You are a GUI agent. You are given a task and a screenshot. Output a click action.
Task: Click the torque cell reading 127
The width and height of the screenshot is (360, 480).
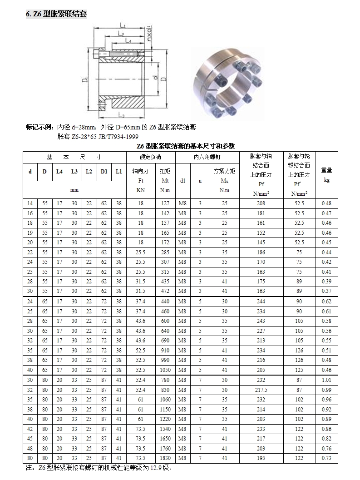165,203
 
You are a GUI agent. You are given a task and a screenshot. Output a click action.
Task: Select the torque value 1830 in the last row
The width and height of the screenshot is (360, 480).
165,458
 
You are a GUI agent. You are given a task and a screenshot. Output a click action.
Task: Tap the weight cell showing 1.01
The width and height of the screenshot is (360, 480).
326,380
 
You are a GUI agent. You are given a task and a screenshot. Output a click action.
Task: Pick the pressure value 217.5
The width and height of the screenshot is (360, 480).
261,390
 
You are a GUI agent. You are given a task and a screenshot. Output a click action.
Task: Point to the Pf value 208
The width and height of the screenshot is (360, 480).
261,203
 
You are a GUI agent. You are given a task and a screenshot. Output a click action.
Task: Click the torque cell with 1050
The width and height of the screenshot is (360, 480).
165,370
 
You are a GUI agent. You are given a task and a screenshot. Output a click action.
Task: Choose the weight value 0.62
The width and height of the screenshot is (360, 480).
326,302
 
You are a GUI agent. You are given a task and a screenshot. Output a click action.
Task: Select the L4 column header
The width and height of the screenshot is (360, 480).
59,172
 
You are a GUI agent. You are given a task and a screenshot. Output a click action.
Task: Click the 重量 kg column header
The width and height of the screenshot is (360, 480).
326,175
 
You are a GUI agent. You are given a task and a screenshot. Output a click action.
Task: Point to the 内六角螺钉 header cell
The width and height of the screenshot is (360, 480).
207,157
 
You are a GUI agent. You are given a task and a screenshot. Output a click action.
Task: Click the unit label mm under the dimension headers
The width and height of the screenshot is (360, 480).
74,190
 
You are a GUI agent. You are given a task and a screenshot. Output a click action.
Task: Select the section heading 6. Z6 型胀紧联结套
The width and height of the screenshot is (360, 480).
56,14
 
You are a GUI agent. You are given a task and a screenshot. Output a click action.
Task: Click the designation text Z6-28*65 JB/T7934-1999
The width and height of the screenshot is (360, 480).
98,136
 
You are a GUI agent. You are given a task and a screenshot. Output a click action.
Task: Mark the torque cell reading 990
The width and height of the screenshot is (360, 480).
165,361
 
